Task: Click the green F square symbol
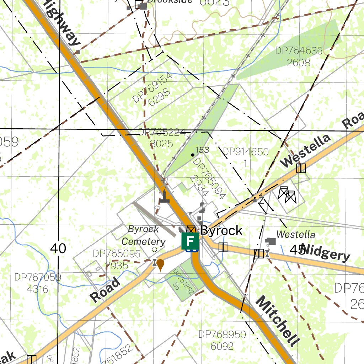190,241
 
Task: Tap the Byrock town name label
221,230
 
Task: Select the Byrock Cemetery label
143,235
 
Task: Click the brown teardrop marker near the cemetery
160,265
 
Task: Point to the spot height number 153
202,150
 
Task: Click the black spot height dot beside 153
193,155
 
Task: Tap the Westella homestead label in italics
295,235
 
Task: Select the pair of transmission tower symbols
287,194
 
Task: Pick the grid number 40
58,248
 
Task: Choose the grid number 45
298,250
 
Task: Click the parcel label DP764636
299,51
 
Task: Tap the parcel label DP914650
246,152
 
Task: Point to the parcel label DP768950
222,334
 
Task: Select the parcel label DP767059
38,277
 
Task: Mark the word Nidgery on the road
327,253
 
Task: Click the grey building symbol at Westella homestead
271,241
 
